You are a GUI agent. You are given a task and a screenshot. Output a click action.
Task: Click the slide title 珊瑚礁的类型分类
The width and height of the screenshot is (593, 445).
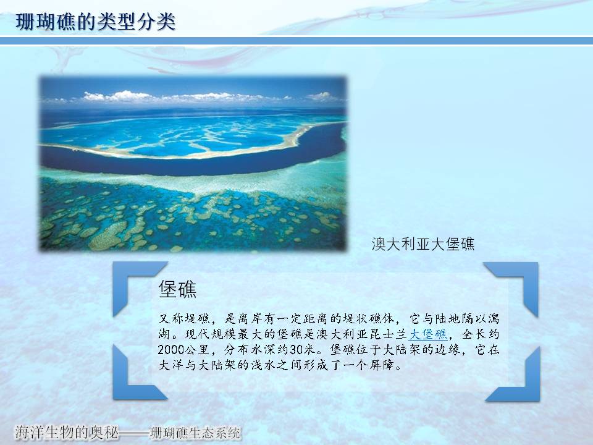coord(96,22)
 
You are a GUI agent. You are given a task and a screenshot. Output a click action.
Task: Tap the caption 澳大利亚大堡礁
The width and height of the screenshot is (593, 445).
coord(423,245)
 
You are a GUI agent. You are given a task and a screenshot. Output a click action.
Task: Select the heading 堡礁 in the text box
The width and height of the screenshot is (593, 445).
coord(177,289)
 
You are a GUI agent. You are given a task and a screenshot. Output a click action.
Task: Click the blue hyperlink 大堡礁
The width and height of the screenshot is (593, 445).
coord(428,334)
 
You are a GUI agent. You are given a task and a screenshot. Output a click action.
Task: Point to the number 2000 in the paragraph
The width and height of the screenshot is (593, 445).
coord(170,349)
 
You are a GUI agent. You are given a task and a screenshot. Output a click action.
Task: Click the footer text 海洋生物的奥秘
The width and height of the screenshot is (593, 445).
coord(66,432)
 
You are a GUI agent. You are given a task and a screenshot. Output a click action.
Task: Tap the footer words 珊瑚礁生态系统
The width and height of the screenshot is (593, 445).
coord(195,433)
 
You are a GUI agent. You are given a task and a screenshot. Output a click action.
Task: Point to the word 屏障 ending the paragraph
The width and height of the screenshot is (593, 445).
coord(382,365)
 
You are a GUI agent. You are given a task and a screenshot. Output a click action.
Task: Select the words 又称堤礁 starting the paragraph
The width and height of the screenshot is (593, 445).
coord(184,319)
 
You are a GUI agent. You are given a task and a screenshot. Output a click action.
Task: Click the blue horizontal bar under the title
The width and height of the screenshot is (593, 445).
coord(296,41)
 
